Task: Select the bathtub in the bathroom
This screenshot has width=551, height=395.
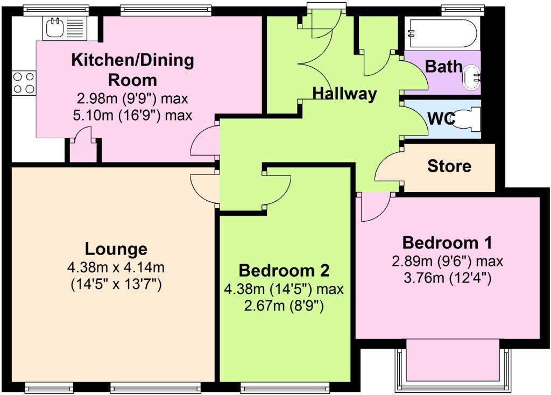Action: (x=441, y=33)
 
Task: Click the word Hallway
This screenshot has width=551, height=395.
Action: (x=344, y=94)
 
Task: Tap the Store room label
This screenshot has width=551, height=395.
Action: (x=449, y=166)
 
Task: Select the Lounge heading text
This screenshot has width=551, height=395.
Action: (x=116, y=249)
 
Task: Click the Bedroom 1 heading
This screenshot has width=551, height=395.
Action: (x=447, y=243)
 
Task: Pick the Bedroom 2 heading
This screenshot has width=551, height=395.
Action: (x=284, y=270)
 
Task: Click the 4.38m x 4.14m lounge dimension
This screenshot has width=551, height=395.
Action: (x=116, y=267)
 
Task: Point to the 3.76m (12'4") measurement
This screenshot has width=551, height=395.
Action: (x=447, y=279)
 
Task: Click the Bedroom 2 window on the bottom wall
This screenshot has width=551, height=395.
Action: (x=285, y=386)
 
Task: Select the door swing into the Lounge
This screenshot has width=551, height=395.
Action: (x=203, y=186)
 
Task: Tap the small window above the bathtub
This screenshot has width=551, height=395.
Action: (x=455, y=9)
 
